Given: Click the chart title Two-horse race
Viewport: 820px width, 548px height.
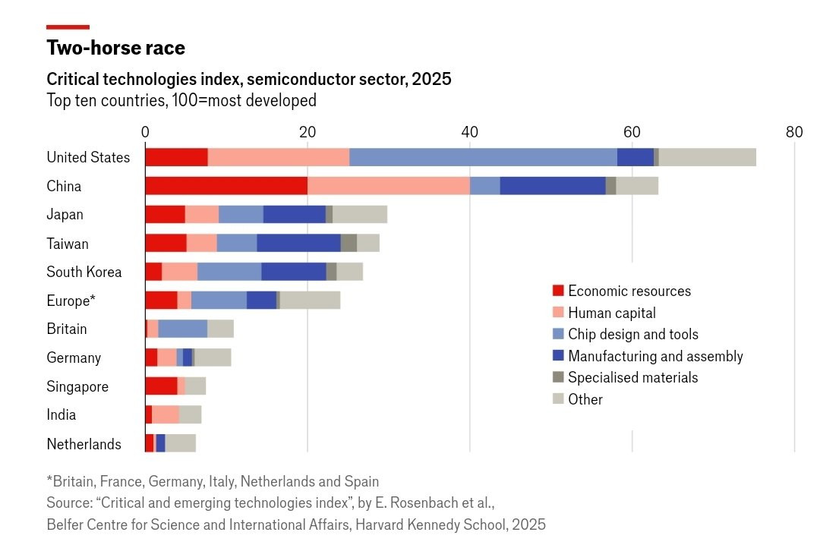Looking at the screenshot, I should [x=115, y=48].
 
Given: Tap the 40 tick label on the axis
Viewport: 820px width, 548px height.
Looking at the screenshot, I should [x=469, y=131].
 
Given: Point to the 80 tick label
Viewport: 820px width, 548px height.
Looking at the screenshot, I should [x=793, y=131].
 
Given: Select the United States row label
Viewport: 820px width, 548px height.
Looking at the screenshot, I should [x=88, y=158].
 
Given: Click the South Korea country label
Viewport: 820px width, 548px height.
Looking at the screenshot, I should [x=84, y=272].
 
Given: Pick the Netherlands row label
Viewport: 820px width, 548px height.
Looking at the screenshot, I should [x=84, y=444].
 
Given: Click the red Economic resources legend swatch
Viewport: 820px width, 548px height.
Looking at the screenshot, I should [x=558, y=291].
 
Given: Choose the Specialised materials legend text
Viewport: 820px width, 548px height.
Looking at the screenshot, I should [x=632, y=377].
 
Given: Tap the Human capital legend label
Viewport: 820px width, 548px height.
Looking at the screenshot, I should [x=611, y=313].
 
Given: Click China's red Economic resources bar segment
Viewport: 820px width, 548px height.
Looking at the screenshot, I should [x=226, y=186].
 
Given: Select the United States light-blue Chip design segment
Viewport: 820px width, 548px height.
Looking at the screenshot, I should [x=483, y=157].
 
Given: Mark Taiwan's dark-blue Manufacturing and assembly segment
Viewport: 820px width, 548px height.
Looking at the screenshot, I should [x=298, y=244].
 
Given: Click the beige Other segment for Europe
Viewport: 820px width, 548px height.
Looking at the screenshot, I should [x=310, y=301].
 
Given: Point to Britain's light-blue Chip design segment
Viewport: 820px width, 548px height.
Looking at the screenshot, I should [x=182, y=329].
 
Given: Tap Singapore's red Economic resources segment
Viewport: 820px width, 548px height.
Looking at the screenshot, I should [x=161, y=386].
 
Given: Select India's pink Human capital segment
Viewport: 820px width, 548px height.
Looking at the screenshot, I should [x=166, y=415].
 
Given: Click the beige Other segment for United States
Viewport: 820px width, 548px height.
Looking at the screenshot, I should [x=707, y=157].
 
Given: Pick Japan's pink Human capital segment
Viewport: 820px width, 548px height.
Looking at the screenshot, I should [x=202, y=215].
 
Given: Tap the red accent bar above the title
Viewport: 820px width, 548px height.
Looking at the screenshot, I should [x=68, y=27].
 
